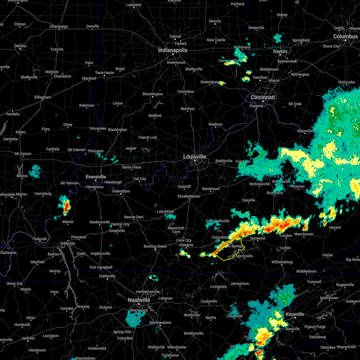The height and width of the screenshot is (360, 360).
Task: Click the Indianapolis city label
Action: (x=173, y=50)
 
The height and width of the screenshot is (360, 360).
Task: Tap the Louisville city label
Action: (x=195, y=157)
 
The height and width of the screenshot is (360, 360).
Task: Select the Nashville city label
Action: (x=139, y=300)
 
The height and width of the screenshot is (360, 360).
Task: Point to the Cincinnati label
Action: (x=263, y=97)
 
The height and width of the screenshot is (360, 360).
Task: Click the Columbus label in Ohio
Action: (x=345, y=36)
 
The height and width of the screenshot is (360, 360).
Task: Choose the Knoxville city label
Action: (x=295, y=314)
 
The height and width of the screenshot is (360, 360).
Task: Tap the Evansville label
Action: (x=96, y=177)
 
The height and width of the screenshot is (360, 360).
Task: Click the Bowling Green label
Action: (x=155, y=246)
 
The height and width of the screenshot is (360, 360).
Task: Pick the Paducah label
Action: (x=40, y=239)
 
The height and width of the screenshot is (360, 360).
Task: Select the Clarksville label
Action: (x=107, y=276)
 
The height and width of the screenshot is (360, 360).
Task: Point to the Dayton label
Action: (x=280, y=51)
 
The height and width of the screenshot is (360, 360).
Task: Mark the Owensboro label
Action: (x=121, y=191)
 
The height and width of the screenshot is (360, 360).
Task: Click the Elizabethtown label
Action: (x=189, y=196)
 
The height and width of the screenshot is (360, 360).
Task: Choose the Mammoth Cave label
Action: (x=176, y=230)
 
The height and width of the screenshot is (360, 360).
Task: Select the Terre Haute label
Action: (x=104, y=73)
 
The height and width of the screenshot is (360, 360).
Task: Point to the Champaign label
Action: (x=59, y=26)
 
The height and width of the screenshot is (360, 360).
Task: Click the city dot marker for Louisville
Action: (x=195, y=161)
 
